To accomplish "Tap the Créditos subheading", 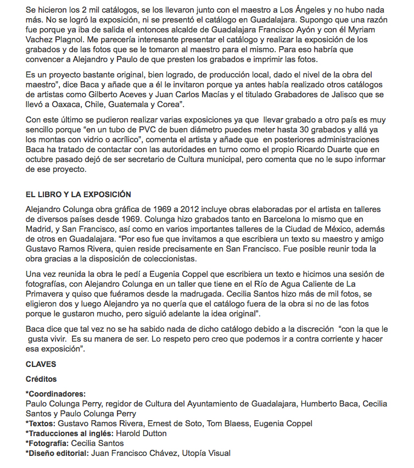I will pos(41,379).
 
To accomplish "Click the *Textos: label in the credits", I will pos(40,423).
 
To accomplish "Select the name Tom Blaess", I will pos(212,423).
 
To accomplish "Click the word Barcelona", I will pos(235,219).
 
